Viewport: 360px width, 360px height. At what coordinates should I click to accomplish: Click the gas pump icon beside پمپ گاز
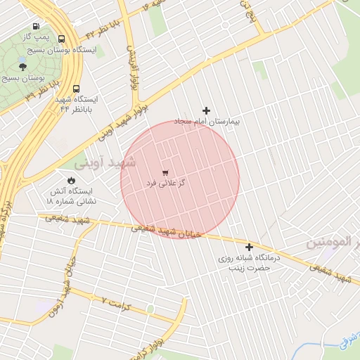[x=36, y=27]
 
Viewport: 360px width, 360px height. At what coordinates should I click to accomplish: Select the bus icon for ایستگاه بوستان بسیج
[x=63, y=39]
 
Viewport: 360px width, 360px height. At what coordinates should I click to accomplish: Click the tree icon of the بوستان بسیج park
[x=22, y=67]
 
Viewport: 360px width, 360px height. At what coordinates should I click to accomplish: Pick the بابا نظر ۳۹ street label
[x=42, y=90]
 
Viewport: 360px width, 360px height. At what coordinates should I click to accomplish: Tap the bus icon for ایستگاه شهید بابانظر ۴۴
[x=77, y=89]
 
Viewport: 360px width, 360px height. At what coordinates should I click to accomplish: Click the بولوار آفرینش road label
[x=131, y=67]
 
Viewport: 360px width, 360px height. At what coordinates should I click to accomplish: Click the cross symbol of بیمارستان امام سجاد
[x=206, y=110]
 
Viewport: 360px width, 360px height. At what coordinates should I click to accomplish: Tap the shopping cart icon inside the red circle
[x=165, y=172]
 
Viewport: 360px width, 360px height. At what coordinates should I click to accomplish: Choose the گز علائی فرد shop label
[x=165, y=183]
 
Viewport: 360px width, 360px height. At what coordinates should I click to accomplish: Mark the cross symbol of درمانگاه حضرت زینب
[x=249, y=247]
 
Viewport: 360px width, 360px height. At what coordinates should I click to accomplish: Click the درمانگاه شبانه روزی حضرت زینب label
[x=250, y=263]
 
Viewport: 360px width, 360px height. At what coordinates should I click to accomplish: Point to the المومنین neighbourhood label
[x=328, y=243]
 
